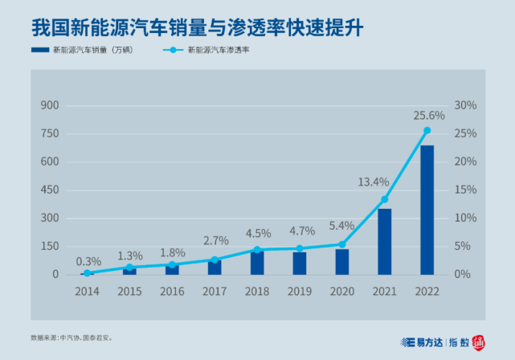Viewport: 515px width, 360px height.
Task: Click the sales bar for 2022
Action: tap(427, 210)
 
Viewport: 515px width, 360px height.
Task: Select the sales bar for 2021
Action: tap(384, 241)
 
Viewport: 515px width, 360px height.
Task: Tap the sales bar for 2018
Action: tap(257, 263)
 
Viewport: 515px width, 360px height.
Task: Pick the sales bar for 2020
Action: tap(342, 261)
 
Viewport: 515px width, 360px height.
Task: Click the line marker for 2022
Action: tap(427, 130)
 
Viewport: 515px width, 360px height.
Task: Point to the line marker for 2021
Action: tap(384, 199)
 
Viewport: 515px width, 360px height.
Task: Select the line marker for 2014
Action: tap(88, 273)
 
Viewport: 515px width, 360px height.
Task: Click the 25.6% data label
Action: tap(428, 116)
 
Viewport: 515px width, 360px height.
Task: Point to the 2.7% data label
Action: tap(215, 240)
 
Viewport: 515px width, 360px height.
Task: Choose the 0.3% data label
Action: tap(88, 260)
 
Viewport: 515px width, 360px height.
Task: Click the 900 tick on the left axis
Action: tap(50, 105)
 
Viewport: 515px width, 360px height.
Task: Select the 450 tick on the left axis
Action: tap(50, 190)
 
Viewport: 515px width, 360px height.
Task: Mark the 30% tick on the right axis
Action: tap(466, 105)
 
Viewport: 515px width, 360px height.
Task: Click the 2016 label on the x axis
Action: tap(173, 290)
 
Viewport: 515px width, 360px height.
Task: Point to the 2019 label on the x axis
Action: tap(300, 290)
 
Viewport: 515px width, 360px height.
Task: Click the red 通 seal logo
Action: tap(478, 342)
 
